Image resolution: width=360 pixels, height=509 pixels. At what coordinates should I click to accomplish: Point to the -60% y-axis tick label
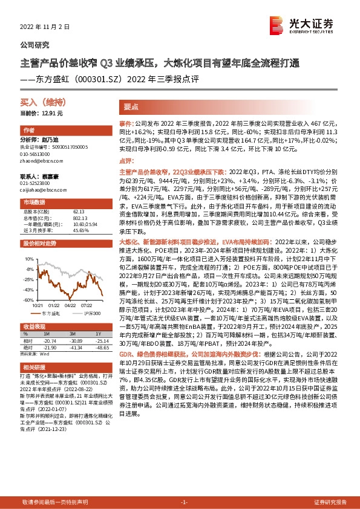pyautogui.click(x=27, y=299)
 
